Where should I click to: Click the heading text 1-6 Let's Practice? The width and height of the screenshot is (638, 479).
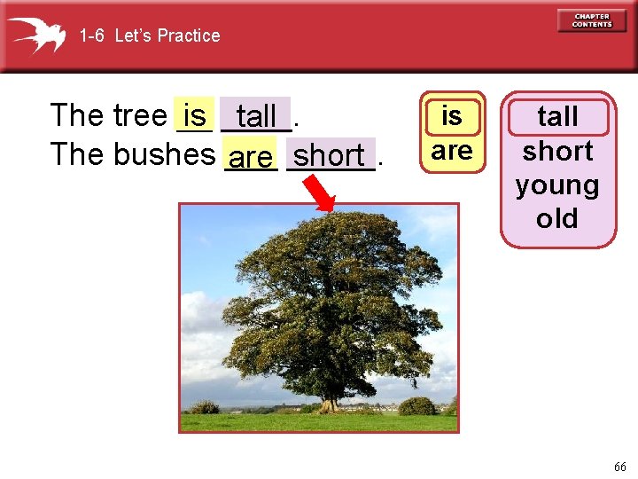[149, 35]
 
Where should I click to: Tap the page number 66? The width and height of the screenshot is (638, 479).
[619, 467]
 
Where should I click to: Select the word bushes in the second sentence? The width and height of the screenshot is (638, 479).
[165, 154]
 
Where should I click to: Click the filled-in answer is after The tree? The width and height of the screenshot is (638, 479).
[195, 115]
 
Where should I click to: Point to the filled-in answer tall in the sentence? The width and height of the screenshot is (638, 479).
[257, 115]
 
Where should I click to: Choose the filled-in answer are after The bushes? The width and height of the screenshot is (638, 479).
[251, 157]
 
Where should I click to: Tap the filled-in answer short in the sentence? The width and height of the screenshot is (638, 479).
[329, 155]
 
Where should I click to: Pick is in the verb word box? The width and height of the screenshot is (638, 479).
[452, 116]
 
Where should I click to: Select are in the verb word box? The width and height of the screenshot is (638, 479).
[452, 150]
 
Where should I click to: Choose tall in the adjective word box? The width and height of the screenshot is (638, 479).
[557, 116]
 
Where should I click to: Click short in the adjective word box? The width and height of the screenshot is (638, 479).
[557, 151]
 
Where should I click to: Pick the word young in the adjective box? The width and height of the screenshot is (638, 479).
[557, 185]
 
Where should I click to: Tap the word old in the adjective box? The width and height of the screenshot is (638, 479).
[557, 219]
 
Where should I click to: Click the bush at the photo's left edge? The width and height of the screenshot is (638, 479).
[205, 407]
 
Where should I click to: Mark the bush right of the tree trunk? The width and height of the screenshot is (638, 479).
[416, 406]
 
